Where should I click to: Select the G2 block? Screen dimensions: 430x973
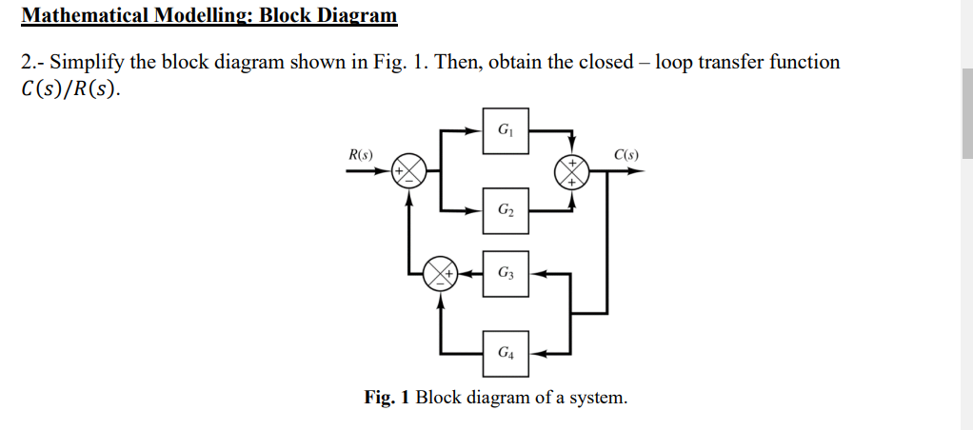click(506, 209)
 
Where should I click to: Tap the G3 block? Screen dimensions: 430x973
click(506, 273)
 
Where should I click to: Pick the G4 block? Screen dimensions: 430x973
click(506, 353)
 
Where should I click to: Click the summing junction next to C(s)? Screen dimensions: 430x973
click(573, 171)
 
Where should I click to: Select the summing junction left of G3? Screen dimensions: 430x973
click(439, 273)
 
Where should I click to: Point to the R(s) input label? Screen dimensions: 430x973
click(361, 154)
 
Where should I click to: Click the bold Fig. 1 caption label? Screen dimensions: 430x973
click(387, 397)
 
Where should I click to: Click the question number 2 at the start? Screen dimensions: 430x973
click(26, 63)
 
